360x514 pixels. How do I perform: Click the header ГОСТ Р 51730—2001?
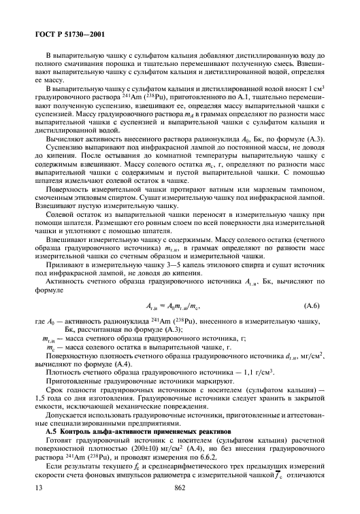tap(64, 33)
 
